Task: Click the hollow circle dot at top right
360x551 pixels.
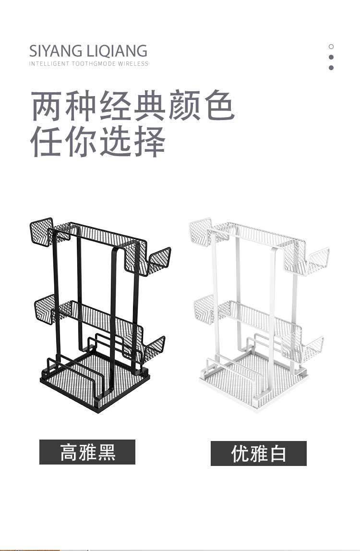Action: click(x=331, y=47)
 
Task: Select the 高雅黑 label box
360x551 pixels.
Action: click(x=87, y=452)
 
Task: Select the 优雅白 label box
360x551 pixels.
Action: click(x=259, y=453)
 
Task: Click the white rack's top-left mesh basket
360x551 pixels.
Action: click(x=201, y=232)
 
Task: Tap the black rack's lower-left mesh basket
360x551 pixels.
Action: click(x=46, y=307)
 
